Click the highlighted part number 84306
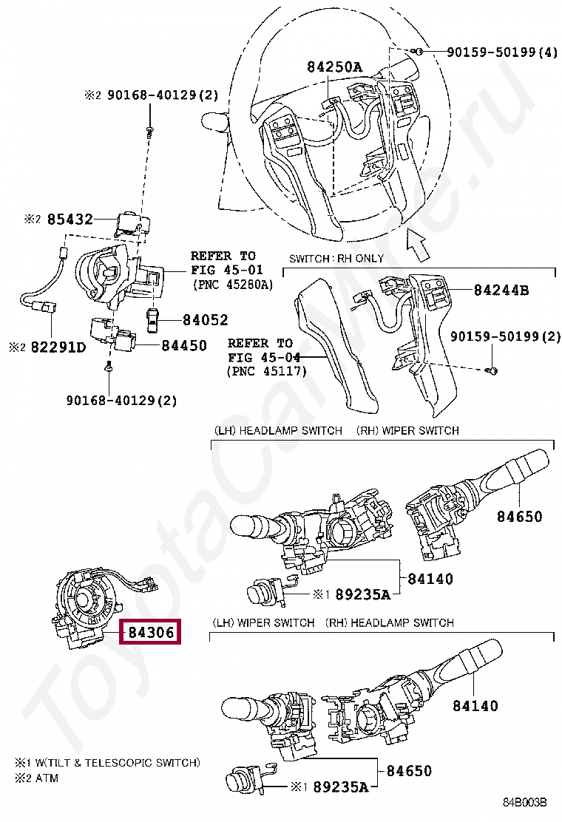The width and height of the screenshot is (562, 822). [x=151, y=633]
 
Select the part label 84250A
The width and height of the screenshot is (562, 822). [x=335, y=67]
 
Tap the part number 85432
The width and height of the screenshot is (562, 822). [x=70, y=220]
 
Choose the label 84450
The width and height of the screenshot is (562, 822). [x=184, y=345]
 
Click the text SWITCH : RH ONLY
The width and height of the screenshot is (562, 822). [x=336, y=259]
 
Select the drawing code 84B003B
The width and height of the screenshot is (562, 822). [x=525, y=802]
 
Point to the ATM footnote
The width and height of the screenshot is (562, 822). [x=46, y=778]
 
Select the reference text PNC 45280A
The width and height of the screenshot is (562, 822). [x=231, y=284]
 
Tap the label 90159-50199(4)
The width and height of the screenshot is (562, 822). [x=501, y=52]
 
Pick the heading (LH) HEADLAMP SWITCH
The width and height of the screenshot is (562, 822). [x=278, y=430]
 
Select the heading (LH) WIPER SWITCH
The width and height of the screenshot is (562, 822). [x=263, y=623]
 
